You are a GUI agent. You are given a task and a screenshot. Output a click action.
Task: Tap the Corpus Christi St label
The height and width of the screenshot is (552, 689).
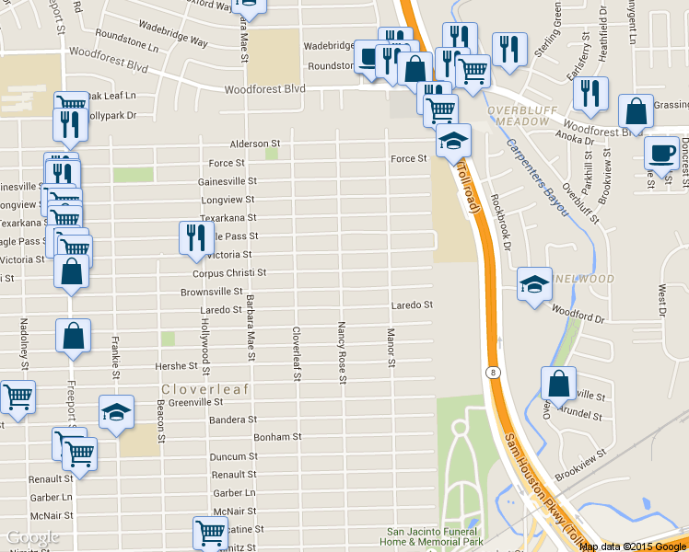click(x=229, y=273)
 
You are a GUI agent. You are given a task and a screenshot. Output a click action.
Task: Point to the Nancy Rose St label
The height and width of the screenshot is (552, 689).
click(x=342, y=352)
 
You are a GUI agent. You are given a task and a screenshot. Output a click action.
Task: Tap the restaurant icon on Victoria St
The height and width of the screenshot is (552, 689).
click(x=196, y=237)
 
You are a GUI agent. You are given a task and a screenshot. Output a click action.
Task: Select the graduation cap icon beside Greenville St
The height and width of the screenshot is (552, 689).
click(x=116, y=411)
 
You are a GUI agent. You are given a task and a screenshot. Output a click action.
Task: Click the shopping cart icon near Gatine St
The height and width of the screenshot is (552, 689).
click(x=210, y=532)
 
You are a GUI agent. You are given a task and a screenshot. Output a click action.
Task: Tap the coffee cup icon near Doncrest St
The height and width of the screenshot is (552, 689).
click(x=660, y=152)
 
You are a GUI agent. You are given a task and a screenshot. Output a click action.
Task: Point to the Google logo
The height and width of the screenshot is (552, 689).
click(x=33, y=537)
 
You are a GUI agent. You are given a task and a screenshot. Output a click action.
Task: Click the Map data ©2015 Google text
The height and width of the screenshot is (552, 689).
click(x=633, y=546)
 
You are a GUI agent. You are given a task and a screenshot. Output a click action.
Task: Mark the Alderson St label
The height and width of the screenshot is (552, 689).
click(x=254, y=144)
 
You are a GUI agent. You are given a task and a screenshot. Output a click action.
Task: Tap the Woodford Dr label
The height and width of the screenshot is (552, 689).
click(x=578, y=318)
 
